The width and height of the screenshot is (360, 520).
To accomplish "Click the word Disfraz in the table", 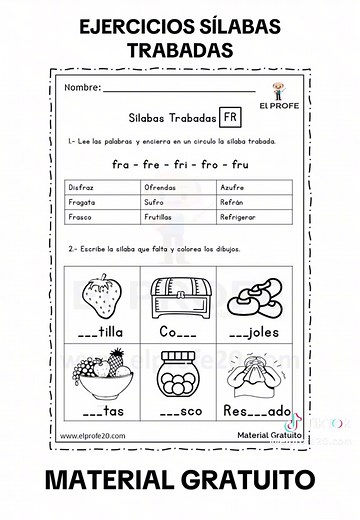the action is [82, 186].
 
